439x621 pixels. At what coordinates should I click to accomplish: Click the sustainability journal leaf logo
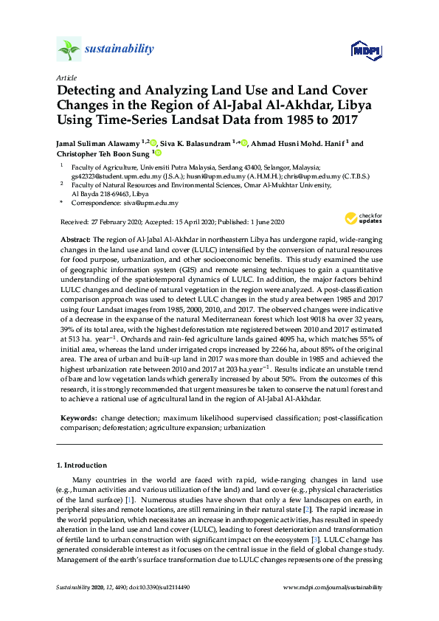(x=68, y=50)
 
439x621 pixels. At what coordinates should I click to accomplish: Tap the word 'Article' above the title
(x=66, y=77)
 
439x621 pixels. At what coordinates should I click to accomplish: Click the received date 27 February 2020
(x=122, y=222)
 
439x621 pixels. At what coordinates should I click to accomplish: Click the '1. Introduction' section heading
(x=82, y=465)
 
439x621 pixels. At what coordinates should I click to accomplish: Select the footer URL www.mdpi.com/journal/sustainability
(x=333, y=588)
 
